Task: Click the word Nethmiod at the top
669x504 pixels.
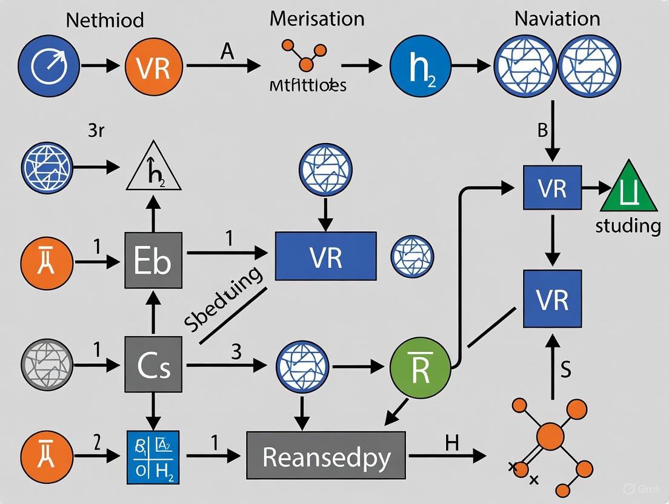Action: pos(105,19)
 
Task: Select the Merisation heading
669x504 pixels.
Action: pos(317,18)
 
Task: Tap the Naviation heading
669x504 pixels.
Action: pos(557,18)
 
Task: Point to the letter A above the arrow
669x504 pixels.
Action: pos(227,51)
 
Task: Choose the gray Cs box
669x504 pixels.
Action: pos(153,365)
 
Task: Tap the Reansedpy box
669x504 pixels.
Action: pos(326,456)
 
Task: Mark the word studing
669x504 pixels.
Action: pos(628,227)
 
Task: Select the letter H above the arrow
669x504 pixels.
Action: pos(452,443)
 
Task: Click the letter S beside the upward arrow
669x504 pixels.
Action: pos(565,370)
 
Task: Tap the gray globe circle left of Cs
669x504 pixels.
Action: pos(47,365)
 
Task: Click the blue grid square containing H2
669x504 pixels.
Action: pos(153,456)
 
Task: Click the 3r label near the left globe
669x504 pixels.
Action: pos(96,131)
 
